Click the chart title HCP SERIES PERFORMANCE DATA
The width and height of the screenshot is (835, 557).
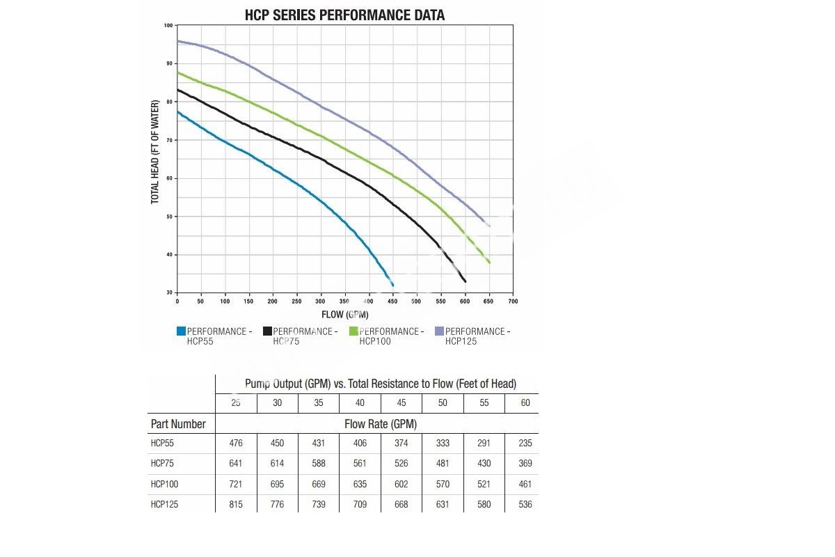point(345,15)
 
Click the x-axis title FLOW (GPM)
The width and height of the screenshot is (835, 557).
point(345,314)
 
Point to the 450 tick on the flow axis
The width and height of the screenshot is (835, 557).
point(392,301)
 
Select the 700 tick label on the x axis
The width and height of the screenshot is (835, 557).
point(513,301)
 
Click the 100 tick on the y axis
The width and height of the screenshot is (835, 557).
point(168,26)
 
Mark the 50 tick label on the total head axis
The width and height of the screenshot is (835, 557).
point(169,217)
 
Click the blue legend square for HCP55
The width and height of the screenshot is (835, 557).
point(181,331)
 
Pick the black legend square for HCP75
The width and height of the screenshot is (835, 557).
point(267,331)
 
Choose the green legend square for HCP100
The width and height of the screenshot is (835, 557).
point(353,331)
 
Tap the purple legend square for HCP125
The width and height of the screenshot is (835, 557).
point(439,331)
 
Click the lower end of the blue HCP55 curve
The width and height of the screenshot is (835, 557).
point(392,285)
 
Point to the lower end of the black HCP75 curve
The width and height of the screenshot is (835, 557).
point(465,281)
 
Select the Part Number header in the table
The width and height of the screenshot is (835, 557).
point(178,424)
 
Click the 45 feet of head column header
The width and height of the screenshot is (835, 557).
point(401,403)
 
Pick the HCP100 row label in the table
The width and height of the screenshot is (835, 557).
point(164,484)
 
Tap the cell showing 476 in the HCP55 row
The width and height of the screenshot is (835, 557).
point(236,443)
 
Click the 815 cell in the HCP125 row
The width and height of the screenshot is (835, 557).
point(236,504)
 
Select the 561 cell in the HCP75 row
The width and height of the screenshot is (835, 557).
point(360,463)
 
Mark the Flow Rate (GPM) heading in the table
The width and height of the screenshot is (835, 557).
point(381,424)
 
